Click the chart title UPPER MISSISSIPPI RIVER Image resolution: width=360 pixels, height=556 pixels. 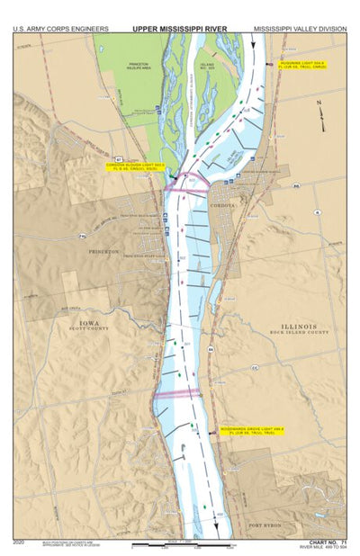click(x=180, y=28)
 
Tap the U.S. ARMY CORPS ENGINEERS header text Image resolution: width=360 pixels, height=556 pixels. click(x=60, y=28)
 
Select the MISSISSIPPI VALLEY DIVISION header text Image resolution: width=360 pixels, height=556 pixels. click(x=299, y=28)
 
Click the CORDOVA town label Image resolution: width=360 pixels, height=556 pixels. click(x=220, y=205)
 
